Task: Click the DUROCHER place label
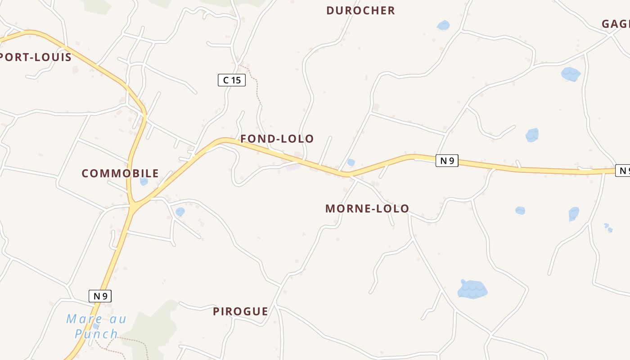tap(360, 10)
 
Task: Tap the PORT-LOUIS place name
tap(36, 57)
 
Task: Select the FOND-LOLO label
tap(277, 139)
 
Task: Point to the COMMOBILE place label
tap(120, 173)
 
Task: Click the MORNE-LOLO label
tap(367, 208)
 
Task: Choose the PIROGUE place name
tap(240, 311)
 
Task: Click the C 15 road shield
tap(232, 80)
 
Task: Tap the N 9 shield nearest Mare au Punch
tap(100, 296)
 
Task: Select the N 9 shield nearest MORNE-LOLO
tap(447, 161)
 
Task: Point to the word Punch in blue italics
tap(96, 334)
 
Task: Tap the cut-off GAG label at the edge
tap(616, 24)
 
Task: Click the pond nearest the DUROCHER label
tap(443, 25)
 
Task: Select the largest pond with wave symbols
tap(472, 289)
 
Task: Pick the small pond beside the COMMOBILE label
tap(144, 181)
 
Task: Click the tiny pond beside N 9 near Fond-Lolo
tap(351, 162)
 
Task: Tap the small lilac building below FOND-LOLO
tap(293, 167)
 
